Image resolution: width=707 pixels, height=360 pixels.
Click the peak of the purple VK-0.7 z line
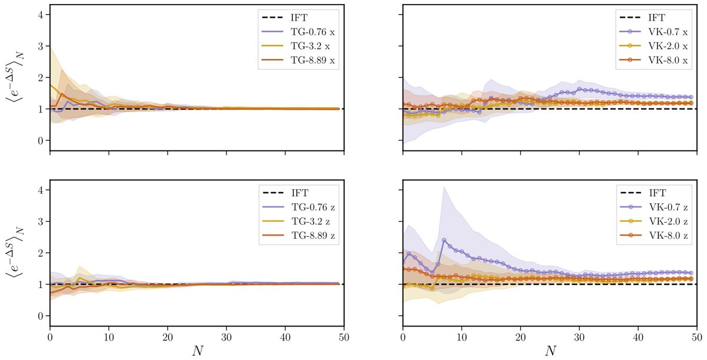[x=444, y=240]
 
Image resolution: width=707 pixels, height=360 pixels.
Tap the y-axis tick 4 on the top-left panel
[x=40, y=14]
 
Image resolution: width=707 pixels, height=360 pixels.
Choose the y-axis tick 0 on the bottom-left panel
[x=40, y=316]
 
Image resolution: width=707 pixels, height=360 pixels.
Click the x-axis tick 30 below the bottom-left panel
[x=227, y=335]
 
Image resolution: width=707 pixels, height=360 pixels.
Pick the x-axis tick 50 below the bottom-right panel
[x=697, y=335]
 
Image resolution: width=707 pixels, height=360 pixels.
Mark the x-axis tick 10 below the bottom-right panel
[x=461, y=335]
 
